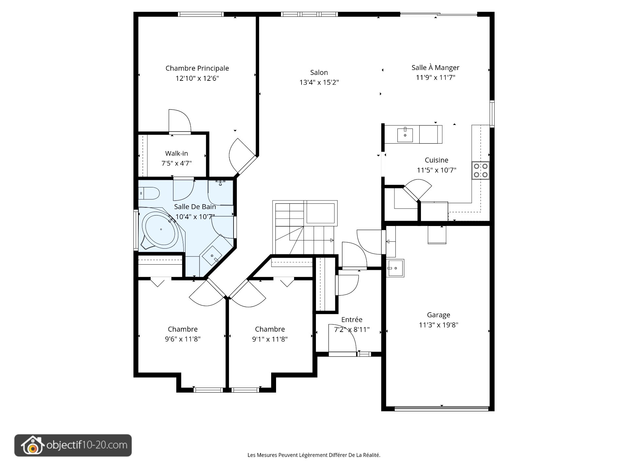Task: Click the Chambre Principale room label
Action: click(197, 68)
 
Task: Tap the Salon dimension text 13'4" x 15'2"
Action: click(319, 82)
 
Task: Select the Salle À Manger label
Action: click(435, 67)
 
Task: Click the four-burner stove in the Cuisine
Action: click(480, 170)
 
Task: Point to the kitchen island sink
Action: click(405, 135)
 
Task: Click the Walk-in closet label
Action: click(177, 153)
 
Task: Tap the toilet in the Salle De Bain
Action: click(149, 193)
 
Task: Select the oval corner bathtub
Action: click(161, 229)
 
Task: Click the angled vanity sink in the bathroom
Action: click(213, 255)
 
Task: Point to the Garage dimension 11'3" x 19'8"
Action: click(439, 325)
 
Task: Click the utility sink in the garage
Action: click(395, 268)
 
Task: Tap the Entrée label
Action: click(352, 320)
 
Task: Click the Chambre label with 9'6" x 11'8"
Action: click(183, 329)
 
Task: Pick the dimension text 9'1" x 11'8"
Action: click(270, 339)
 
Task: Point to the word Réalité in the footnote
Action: click(372, 455)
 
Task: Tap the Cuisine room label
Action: click(437, 160)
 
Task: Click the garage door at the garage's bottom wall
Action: click(442, 409)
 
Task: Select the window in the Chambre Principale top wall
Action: click(201, 14)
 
